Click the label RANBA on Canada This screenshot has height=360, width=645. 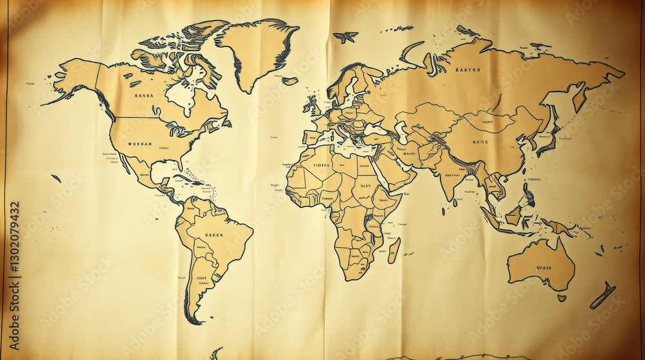coord(144,95)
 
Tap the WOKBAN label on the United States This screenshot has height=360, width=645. coord(140,144)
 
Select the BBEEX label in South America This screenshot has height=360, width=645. coord(213,235)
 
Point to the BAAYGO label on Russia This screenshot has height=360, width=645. coord(470,69)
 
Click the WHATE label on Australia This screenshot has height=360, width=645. coord(544,267)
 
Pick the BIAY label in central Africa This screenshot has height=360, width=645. coord(365,186)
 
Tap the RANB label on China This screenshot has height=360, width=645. coord(481,141)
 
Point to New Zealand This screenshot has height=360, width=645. coord(603,295)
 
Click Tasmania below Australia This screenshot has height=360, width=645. coord(562,298)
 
